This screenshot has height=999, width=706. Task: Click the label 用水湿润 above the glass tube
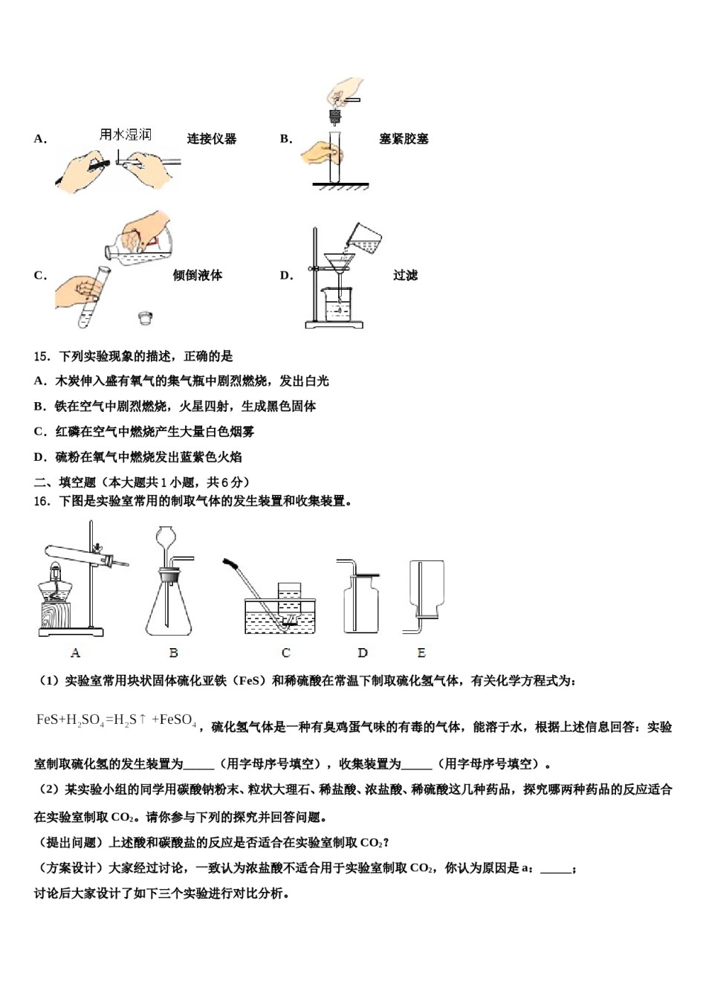pyautogui.click(x=125, y=135)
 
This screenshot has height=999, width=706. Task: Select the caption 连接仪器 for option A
pyautogui.click(x=212, y=139)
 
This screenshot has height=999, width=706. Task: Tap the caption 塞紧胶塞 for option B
pyautogui.click(x=404, y=139)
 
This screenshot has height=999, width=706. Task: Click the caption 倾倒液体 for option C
pyautogui.click(x=198, y=276)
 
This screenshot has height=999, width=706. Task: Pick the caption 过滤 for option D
pyautogui.click(x=405, y=276)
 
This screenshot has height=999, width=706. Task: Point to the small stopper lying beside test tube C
pyautogui.click(x=146, y=318)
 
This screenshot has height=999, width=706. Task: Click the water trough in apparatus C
pyautogui.click(x=280, y=616)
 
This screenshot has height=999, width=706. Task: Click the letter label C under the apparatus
pyautogui.click(x=286, y=653)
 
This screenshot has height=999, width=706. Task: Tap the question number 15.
pyautogui.click(x=42, y=357)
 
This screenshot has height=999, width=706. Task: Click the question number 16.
pyautogui.click(x=42, y=502)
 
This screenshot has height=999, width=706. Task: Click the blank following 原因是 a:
pyautogui.click(x=556, y=869)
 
